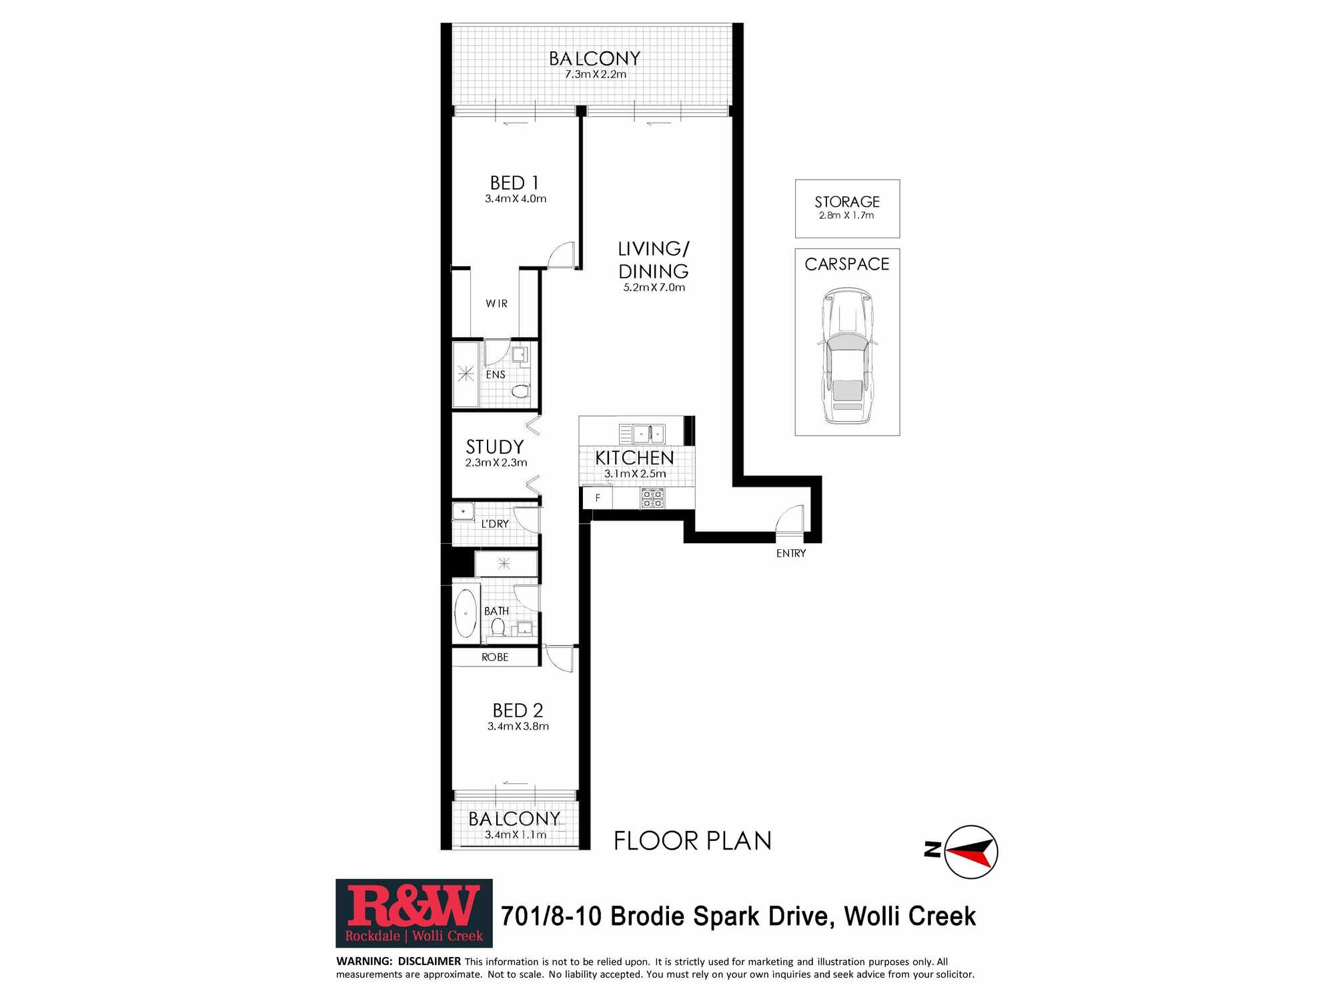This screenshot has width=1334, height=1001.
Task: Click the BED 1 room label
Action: [x=514, y=183]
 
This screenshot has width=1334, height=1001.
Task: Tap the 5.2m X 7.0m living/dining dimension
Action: [x=654, y=288]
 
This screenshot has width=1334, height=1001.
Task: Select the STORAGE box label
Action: [x=847, y=202]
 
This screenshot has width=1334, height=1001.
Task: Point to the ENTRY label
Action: [x=791, y=553]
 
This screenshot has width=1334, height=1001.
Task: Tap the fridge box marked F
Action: [x=598, y=498]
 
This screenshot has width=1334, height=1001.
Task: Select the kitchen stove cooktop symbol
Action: [x=652, y=498]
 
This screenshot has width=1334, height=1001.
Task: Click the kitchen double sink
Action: [x=648, y=434]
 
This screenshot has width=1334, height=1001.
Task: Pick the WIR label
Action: [x=497, y=304]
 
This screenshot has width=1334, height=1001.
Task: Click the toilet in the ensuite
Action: [x=520, y=391]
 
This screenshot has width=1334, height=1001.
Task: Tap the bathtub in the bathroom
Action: [x=466, y=613]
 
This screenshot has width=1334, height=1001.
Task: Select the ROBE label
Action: [x=495, y=657]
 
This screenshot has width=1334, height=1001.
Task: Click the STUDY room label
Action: [x=495, y=446]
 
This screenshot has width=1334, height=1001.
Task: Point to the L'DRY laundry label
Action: [x=495, y=524]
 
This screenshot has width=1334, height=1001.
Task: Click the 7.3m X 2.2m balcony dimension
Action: [x=596, y=74]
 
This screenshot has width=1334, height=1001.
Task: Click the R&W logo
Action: [x=414, y=913]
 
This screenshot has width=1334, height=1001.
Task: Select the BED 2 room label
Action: [x=518, y=711]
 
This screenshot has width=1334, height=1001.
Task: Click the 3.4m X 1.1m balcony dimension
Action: [x=516, y=835]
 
